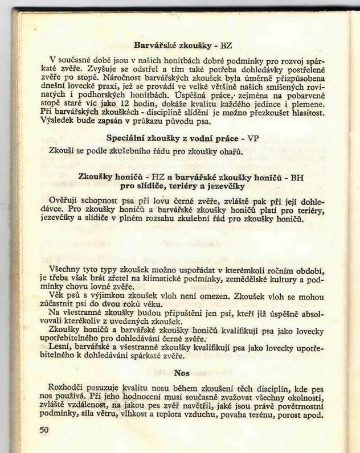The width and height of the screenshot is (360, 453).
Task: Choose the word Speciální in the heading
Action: click(x=128, y=138)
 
